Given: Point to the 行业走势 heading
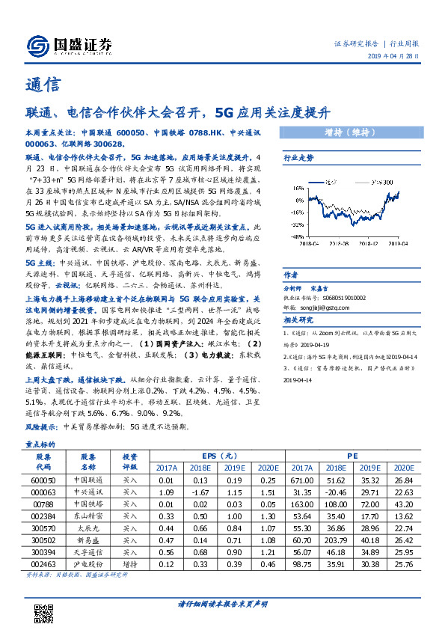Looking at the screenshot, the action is coord(297,158).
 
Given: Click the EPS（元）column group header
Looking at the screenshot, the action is coord(220,456).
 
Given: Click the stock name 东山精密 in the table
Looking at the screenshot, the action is coord(88,516).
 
